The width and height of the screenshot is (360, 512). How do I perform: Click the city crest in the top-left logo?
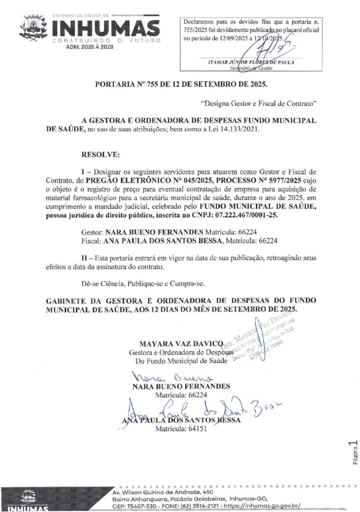coord(33,28)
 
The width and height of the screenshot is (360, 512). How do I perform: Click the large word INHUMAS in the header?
coord(106,28)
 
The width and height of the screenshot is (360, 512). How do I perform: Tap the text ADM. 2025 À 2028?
coord(89,46)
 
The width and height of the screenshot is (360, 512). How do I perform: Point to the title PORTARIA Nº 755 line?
coord(181,83)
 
